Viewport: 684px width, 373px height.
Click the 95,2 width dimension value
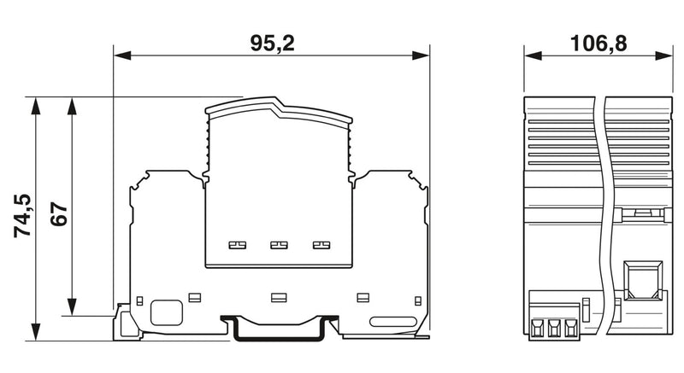272,44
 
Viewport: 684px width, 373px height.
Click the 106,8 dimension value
598,44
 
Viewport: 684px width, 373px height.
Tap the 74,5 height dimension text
23,216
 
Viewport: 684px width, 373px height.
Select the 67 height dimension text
59,214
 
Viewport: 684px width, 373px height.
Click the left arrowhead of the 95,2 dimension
122,55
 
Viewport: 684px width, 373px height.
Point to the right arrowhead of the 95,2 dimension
421,55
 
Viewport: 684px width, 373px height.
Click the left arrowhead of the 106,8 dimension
533,55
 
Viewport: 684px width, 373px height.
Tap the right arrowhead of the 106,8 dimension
664,55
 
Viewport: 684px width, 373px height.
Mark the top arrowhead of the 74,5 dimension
35,106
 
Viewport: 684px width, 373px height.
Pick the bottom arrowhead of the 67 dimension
72,306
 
